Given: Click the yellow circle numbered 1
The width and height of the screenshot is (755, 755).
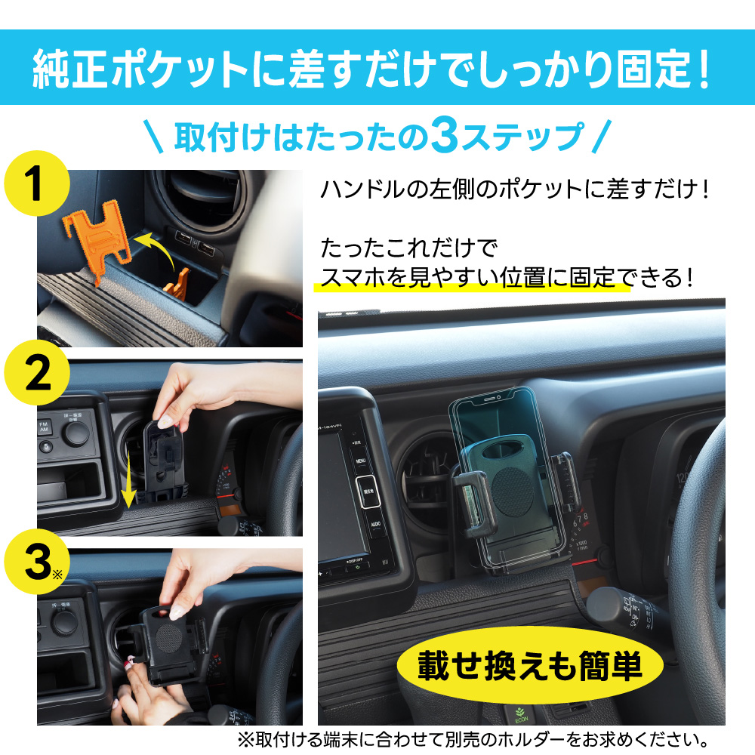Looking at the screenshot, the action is [x=36, y=183].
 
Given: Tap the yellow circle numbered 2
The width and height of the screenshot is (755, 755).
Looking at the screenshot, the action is [x=36, y=373].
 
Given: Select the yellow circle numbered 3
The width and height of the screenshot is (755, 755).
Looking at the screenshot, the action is [x=36, y=562].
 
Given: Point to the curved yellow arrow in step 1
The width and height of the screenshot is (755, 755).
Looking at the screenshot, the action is [x=159, y=245].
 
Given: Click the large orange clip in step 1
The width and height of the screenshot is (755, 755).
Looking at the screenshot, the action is [x=97, y=239].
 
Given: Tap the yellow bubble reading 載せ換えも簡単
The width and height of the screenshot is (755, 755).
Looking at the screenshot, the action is [x=530, y=665].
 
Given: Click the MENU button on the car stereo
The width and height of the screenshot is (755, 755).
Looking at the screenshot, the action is [x=361, y=461].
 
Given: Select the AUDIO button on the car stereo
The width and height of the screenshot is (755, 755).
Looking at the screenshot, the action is [x=375, y=525].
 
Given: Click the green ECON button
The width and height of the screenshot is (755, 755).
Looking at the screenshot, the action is [x=521, y=716].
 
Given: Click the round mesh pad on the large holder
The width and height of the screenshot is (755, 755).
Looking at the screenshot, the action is [x=513, y=490].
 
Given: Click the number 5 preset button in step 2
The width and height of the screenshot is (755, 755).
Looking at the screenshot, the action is [x=46, y=447].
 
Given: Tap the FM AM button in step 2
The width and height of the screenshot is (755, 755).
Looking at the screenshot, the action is [x=44, y=427].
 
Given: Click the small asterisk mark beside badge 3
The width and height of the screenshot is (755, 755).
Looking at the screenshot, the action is [x=57, y=575].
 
